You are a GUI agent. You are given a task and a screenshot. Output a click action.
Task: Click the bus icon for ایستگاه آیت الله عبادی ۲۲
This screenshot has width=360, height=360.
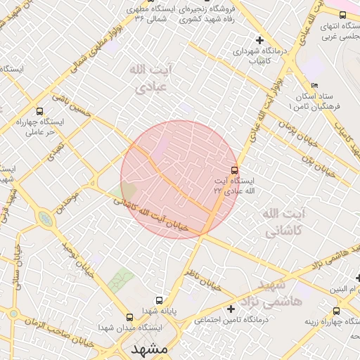click(x=234, y=169)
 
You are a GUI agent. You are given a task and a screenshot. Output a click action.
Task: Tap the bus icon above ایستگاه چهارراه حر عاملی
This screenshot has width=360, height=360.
click(x=39, y=111)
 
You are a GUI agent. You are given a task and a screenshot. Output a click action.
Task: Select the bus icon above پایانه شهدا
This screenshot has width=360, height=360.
click(x=159, y=300)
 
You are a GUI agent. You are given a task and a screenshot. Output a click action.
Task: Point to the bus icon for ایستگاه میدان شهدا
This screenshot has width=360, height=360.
click(x=129, y=317)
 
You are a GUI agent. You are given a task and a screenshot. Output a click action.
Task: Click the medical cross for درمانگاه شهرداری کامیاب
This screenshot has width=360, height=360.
click(x=260, y=39)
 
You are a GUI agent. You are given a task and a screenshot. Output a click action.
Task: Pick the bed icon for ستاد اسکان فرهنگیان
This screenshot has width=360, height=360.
click(x=295, y=105)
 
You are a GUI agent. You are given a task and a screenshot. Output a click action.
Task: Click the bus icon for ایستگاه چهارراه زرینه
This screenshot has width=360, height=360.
click(x=336, y=311)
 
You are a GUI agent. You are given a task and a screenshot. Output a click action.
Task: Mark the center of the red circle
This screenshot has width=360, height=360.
click(x=179, y=179)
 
